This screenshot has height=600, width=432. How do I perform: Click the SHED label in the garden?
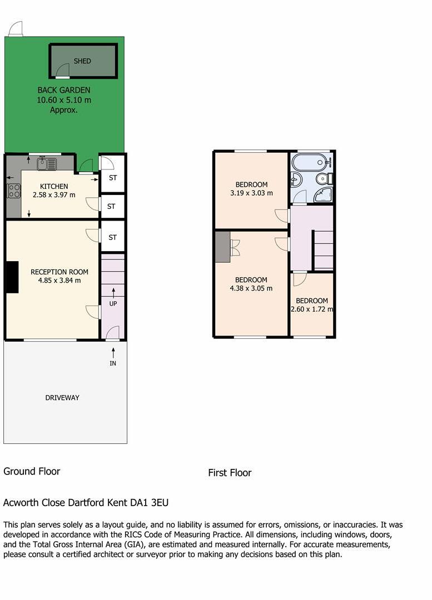point(82,61)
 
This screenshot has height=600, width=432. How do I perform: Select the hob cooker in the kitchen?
point(14,191)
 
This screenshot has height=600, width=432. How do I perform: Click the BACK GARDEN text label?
point(64,90)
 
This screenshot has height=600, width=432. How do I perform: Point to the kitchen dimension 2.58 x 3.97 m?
point(54,195)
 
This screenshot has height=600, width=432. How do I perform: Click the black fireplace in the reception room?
point(12,277)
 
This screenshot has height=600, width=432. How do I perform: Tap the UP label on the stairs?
point(113,304)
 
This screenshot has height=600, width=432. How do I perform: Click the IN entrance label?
point(113,363)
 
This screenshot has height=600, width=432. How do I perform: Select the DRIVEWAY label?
point(62,398)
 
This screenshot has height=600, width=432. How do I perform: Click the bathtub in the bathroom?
point(309,163)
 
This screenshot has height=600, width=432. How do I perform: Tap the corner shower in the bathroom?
point(324,194)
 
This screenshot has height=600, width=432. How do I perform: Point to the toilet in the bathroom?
point(323,178)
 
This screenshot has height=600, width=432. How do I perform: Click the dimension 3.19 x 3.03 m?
point(251,193)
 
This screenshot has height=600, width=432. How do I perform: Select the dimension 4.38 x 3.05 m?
point(251,288)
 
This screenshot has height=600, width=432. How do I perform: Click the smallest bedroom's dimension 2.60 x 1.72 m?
point(312,309)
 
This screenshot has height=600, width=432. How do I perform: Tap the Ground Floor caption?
point(32,472)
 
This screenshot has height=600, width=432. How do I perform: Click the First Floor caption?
point(230,473)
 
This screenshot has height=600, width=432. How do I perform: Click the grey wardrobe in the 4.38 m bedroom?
point(223,247)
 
